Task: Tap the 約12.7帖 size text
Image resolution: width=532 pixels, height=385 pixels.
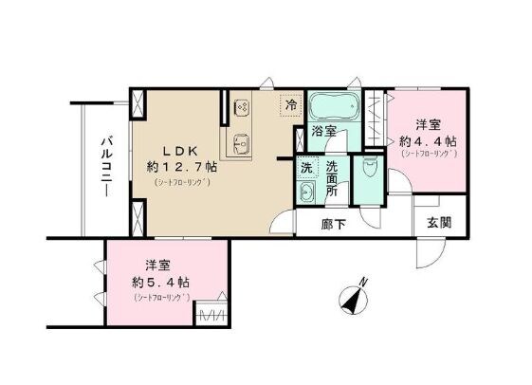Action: point(181,166)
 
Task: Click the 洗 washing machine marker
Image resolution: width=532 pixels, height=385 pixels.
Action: point(306,167)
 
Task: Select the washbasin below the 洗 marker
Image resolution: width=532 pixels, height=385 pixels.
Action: point(305,193)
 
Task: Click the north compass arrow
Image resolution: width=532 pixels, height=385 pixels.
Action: point(356,301)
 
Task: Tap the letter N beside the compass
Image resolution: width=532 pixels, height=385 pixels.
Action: point(364,281)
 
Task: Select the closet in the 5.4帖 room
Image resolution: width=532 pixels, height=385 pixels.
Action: point(211,314)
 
